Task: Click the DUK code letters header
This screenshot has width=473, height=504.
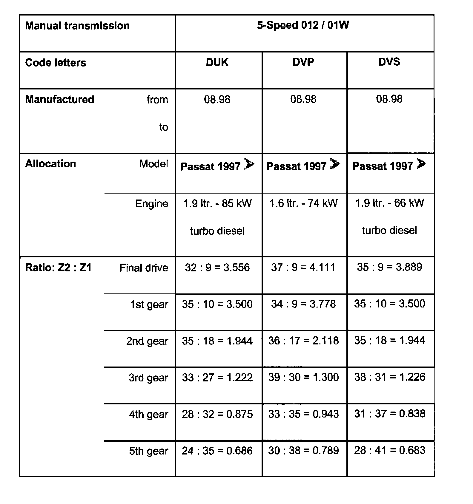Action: click(x=217, y=62)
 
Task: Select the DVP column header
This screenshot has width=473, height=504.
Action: click(x=303, y=62)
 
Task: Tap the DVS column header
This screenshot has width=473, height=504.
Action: click(x=389, y=62)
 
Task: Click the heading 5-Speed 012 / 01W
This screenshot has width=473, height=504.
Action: click(x=303, y=25)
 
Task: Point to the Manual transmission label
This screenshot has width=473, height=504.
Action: click(x=77, y=26)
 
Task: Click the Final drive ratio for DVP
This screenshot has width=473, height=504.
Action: click(x=303, y=267)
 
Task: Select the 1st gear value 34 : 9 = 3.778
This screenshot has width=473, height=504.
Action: click(x=303, y=304)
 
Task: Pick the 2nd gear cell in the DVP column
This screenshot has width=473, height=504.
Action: click(x=303, y=341)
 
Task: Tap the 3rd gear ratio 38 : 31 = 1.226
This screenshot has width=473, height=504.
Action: click(x=389, y=377)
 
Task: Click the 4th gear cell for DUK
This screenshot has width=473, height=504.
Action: click(x=217, y=414)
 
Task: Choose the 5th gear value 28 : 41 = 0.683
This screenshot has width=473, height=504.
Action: click(x=389, y=450)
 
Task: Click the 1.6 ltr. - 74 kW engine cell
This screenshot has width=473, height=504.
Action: click(x=303, y=203)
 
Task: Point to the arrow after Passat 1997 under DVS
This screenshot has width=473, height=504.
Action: click(x=421, y=164)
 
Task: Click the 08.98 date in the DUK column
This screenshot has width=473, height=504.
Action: click(x=217, y=99)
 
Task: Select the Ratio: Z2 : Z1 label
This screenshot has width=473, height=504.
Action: click(x=58, y=268)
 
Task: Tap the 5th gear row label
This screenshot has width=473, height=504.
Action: click(x=148, y=451)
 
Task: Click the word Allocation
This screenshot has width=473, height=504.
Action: click(x=50, y=164)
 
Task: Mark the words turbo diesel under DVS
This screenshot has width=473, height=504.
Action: click(x=389, y=230)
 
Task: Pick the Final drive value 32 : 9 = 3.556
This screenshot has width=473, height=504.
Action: click(x=217, y=267)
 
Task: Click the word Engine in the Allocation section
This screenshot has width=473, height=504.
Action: click(x=151, y=204)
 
